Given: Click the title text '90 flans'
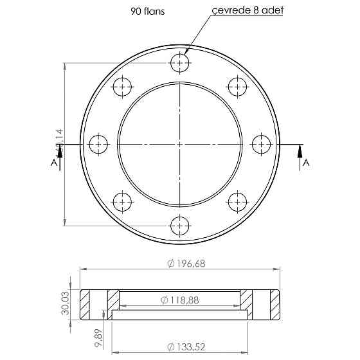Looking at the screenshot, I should pyautogui.click(x=147, y=11).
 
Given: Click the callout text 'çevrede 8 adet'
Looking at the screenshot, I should pyautogui.click(x=241, y=11).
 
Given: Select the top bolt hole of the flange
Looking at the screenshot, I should pyautogui.click(x=180, y=62).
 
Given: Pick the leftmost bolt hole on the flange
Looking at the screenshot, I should pyautogui.click(x=98, y=144).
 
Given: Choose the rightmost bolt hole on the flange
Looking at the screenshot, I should pyautogui.click(x=262, y=144).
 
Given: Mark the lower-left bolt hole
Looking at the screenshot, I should pyautogui.click(x=122, y=202).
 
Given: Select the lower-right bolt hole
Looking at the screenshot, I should pyautogui.click(x=238, y=202).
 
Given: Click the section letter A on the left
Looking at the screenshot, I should pyautogui.click(x=53, y=163).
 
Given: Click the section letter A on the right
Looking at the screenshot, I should pyautogui.click(x=306, y=163).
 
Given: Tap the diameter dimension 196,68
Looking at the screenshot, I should pyautogui.click(x=185, y=264).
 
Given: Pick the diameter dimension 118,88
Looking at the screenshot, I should pyautogui.click(x=181, y=300).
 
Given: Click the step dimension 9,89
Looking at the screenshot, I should pyautogui.click(x=98, y=337).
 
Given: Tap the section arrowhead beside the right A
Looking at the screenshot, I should pyautogui.click(x=299, y=150).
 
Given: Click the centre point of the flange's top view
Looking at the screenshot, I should pyautogui.click(x=180, y=144).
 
